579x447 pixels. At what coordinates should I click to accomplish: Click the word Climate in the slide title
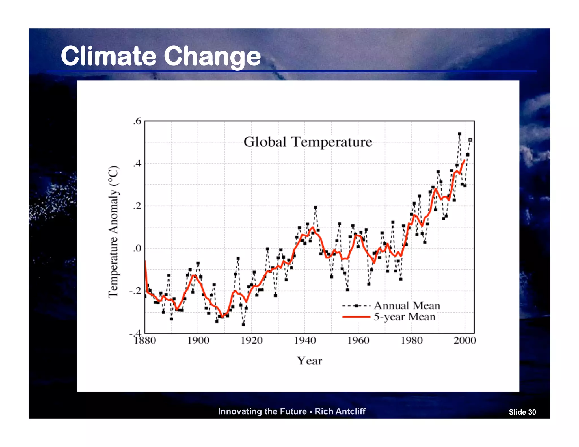108,56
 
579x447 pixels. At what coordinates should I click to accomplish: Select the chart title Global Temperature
308,142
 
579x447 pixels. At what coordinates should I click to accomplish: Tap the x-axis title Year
309,361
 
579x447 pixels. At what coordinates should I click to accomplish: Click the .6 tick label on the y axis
137,121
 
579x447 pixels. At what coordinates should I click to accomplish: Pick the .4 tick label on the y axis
137,164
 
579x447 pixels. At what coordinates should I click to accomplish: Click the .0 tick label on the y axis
137,248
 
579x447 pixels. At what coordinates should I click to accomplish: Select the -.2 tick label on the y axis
135,291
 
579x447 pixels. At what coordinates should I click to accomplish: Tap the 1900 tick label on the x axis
198,340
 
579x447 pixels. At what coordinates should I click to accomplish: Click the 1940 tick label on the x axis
305,340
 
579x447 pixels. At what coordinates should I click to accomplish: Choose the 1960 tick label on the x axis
358,340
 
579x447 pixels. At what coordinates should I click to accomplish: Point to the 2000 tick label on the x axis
465,340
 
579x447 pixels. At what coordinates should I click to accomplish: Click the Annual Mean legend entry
407,306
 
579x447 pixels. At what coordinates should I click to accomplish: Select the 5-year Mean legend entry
404,317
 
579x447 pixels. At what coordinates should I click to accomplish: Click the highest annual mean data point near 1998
459,134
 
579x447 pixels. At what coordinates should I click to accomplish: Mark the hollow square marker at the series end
470,140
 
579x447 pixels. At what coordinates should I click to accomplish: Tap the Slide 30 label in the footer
522,412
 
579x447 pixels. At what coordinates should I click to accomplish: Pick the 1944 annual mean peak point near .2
316,207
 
